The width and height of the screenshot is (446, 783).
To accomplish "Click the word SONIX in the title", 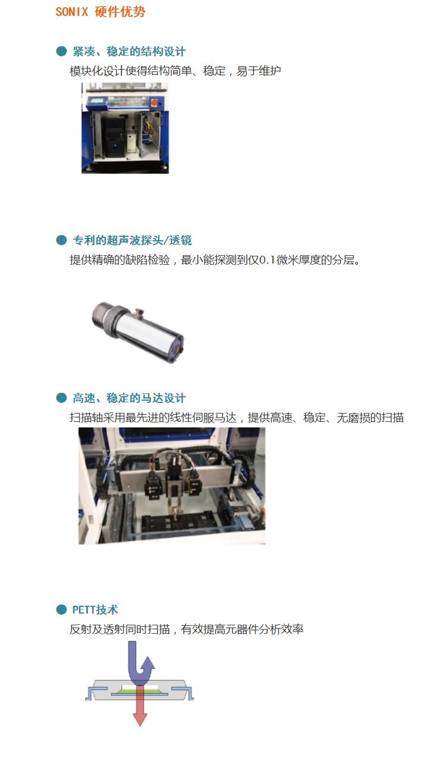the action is (71, 12).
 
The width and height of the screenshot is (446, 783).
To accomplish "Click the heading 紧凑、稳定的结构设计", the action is (129, 51).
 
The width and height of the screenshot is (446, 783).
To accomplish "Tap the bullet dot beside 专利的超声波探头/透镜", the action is (61, 240).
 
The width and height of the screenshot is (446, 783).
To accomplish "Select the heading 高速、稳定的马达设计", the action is (129, 398).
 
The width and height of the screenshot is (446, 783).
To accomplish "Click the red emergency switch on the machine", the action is (154, 102).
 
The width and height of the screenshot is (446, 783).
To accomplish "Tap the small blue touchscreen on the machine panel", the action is (96, 101).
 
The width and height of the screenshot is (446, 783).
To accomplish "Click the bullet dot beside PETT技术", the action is (61, 610).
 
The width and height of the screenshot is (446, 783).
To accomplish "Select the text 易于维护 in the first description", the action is (259, 71).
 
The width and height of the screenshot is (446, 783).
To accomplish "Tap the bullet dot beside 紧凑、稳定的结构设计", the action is (61, 51).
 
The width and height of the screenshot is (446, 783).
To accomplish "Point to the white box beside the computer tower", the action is (131, 143).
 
